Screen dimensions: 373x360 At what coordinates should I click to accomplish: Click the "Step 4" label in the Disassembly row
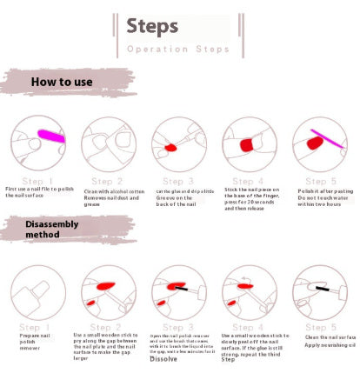pyautogui.click(x=247, y=327)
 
